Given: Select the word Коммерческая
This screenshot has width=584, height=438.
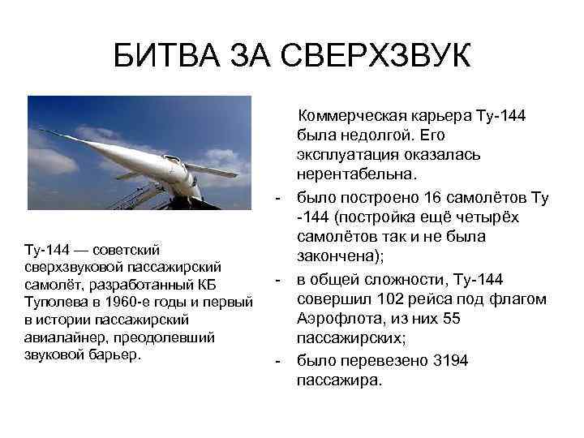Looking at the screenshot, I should coord(350,116).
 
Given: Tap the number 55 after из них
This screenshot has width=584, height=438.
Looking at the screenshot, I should coord(451,319).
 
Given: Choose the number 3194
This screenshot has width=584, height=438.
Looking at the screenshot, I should coord(450,359).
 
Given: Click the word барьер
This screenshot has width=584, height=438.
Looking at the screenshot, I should coord(127,354).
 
